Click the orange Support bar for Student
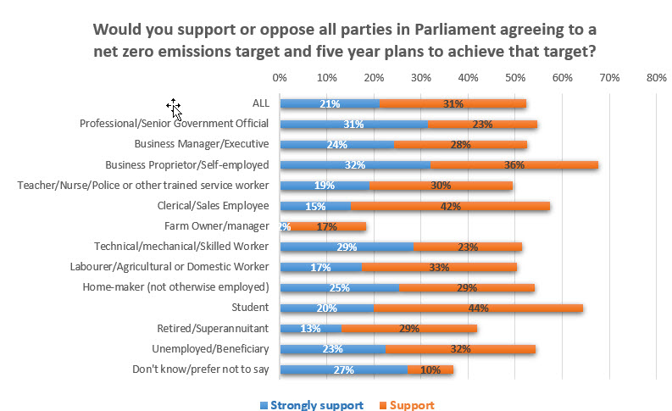pos(500,308)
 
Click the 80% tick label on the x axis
pos(655,77)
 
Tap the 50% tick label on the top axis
pos(514,77)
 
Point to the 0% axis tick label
pos(280,77)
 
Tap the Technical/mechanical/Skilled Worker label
pos(181,247)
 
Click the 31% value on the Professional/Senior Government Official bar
pos(354,125)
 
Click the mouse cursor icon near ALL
pos(175,108)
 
